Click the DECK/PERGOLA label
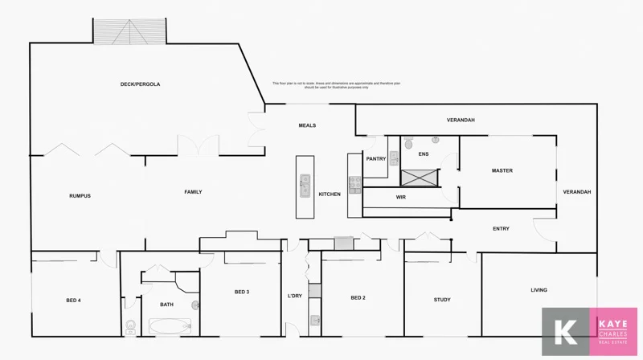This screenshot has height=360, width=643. pyautogui.click(x=140, y=84)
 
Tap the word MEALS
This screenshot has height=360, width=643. pyautogui.click(x=307, y=125)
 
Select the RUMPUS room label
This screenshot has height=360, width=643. pyautogui.click(x=80, y=196)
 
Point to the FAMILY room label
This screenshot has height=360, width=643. pyautogui.click(x=193, y=192)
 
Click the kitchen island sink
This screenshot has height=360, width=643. pyautogui.click(x=305, y=186)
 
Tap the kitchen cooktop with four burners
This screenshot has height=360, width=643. pyautogui.click(x=354, y=185)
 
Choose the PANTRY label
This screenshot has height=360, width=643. pyautogui.click(x=376, y=159)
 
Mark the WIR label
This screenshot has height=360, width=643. pyautogui.click(x=400, y=197)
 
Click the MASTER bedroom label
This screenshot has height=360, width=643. pyautogui.click(x=502, y=170)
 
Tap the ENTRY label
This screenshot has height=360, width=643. pyautogui.click(x=501, y=229)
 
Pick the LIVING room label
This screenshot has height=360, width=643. pyautogui.click(x=539, y=290)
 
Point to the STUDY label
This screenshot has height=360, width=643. pyautogui.click(x=442, y=300)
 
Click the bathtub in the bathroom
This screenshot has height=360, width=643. pyautogui.click(x=168, y=327)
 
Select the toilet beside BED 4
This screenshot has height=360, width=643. pyautogui.click(x=130, y=327)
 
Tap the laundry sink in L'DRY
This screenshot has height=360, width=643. pyautogui.click(x=315, y=321)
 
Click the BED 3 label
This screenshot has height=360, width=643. pyautogui.click(x=241, y=292)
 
